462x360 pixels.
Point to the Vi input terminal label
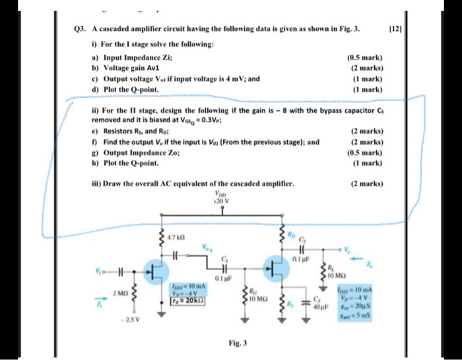[98, 271]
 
